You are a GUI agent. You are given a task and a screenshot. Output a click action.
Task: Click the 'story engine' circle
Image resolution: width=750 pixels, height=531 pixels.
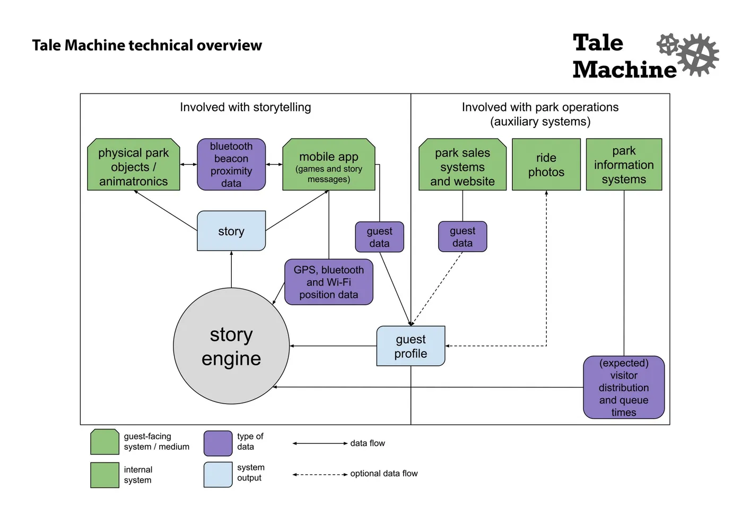pos(231,346)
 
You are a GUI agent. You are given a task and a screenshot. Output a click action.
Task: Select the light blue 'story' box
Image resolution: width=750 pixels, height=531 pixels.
pos(231,230)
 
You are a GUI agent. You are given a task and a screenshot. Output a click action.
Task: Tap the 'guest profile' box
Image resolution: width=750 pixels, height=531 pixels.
pos(411,346)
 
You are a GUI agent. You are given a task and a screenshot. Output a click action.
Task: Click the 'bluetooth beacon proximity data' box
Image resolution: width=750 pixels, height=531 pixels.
pos(231,164)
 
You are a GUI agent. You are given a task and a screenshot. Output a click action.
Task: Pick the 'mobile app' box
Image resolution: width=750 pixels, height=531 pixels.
pos(329,164)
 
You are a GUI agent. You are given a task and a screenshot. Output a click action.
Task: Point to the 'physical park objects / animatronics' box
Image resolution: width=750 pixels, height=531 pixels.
pos(134,164)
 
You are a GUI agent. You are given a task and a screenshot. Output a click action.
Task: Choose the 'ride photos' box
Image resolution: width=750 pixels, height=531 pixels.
pos(546,164)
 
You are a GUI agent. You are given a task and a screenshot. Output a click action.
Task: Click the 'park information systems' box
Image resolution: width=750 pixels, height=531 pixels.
pos(624,164)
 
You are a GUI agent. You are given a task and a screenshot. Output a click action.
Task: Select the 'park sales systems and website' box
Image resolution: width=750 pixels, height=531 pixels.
pos(463,164)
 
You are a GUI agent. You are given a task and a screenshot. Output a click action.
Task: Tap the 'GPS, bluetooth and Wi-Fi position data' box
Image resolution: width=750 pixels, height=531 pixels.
pos(329,282)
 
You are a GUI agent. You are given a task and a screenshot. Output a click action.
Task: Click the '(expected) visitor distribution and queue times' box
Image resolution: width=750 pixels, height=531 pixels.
pos(624,387)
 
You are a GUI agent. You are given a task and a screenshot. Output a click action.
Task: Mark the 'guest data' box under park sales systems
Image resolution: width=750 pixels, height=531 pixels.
pos(463,236)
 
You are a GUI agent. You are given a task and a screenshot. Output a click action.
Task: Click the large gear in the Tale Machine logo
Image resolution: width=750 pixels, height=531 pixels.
pos(698,55)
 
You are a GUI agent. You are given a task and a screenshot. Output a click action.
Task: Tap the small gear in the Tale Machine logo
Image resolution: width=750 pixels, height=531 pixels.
pos(668,44)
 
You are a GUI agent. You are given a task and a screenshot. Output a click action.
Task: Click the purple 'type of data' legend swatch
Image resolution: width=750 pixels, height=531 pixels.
pos(218,443)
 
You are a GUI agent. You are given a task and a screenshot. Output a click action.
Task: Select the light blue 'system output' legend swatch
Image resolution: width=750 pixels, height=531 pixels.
pos(218,475)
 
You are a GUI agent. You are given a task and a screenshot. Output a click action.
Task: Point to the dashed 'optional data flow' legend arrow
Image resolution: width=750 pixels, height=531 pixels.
pos(320,474)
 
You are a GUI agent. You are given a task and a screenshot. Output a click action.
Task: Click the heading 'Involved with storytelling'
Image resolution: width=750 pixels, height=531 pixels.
pos(246,107)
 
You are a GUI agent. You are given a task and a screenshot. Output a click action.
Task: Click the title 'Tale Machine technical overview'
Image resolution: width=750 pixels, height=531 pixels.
pos(147,45)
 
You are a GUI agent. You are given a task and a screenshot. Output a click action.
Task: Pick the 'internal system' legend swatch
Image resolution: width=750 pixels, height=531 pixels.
pos(105,475)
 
